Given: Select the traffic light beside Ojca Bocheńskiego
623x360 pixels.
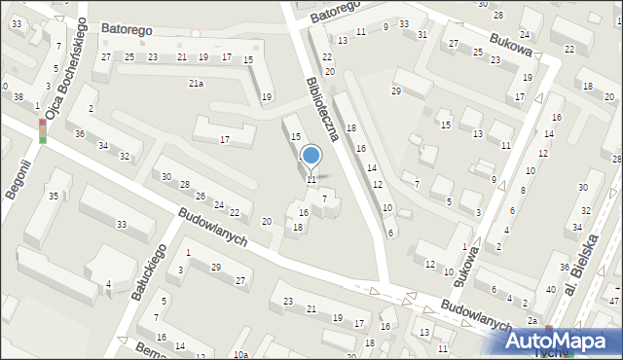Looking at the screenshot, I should [x=42, y=131].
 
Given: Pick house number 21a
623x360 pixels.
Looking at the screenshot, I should [x=196, y=84].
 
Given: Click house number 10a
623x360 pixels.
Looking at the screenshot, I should [x=240, y=354].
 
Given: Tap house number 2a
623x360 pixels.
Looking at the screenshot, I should [x=532, y=320].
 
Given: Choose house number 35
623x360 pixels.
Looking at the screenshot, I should [x=54, y=198].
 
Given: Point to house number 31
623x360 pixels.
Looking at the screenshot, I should [x=421, y=35].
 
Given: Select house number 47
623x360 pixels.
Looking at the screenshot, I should [x=614, y=303].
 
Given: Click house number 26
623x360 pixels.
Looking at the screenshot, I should [x=199, y=196].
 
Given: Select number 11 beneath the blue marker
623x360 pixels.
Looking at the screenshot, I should [x=311, y=180].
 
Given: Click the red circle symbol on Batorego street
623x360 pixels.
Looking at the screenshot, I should [x=196, y=34].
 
